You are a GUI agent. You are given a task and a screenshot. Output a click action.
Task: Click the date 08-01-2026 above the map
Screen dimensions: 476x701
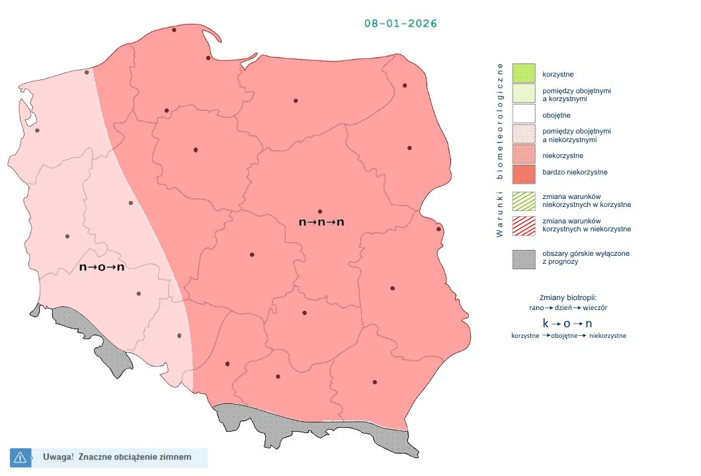[401, 24]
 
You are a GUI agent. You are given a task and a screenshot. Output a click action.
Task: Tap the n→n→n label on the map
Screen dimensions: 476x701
[321, 223]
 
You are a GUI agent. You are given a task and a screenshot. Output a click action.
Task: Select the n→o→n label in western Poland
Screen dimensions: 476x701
[102, 267]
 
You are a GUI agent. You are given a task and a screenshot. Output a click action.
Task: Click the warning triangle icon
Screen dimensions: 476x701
[20, 457]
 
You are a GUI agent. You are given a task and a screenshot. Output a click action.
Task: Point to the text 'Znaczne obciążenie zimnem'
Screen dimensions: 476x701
[134, 457]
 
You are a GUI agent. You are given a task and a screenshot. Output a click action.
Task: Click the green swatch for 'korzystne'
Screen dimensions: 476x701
[524, 73]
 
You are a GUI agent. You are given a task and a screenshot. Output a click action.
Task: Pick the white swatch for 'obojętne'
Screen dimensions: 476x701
[524, 115]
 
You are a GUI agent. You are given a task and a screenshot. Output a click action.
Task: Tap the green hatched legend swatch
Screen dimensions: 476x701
[524, 201]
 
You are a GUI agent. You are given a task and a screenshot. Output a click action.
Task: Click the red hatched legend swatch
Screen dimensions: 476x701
[524, 225]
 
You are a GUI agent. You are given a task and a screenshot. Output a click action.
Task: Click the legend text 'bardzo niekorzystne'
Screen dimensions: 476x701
[575, 173]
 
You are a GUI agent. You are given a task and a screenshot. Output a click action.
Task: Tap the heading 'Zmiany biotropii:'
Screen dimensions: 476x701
[569, 297]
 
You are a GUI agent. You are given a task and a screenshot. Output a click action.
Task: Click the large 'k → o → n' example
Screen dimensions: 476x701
[567, 324]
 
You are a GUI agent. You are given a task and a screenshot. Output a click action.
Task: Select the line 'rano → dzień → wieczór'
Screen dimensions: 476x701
[569, 308]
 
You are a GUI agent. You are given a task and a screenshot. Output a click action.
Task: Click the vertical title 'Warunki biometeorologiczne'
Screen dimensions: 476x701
[501, 149]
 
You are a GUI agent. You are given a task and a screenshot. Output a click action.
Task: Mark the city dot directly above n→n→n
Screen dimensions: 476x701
[320, 211]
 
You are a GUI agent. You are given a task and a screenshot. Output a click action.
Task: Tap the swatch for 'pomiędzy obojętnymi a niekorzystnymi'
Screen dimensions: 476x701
[524, 136]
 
